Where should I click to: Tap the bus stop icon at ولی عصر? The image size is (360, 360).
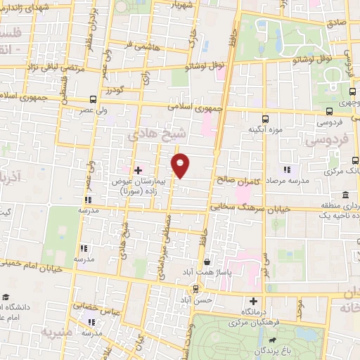pos(94,100)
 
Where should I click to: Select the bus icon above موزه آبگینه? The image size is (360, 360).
pos(264,119)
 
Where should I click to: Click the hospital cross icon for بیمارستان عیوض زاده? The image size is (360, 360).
pos(138,169)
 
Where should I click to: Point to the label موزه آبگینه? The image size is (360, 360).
pos(264,130)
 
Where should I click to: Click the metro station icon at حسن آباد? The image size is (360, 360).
pos(196,289)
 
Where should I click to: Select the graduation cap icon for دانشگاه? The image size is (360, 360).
pos(6,297)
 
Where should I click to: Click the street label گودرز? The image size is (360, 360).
pos(115,89)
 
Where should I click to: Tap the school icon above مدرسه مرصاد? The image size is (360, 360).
pos(286,169)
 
